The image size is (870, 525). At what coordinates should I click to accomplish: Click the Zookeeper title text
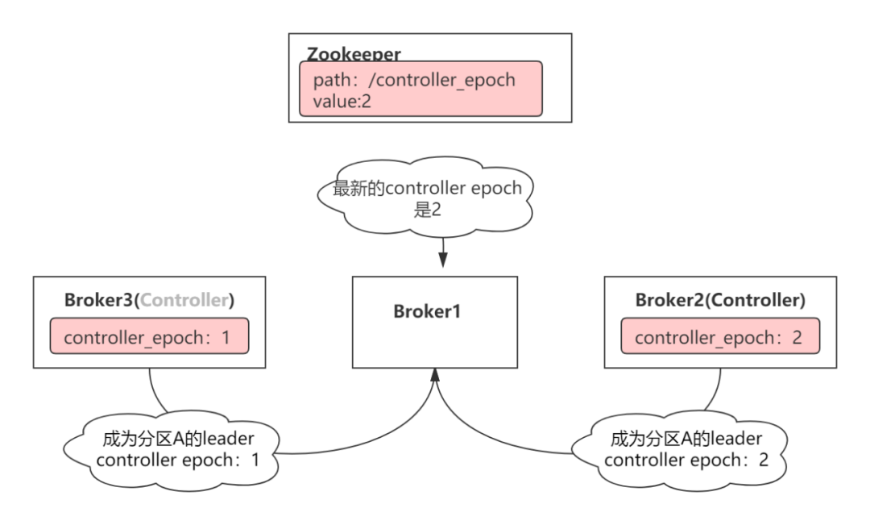click(x=354, y=54)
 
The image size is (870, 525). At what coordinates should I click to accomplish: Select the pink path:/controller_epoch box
click(x=420, y=89)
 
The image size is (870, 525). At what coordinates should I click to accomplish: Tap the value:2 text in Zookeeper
click(x=342, y=101)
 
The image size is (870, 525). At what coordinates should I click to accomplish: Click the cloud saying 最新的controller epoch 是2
click(x=425, y=196)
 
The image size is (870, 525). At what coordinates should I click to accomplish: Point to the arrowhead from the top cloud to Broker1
click(x=443, y=260)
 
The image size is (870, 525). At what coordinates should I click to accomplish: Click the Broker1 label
click(x=427, y=311)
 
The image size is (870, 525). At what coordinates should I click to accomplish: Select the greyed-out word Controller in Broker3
click(x=184, y=300)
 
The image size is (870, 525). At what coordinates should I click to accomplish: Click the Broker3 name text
click(x=99, y=300)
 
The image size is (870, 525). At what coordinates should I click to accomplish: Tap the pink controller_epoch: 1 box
click(x=149, y=336)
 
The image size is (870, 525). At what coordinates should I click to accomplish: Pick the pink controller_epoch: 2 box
click(x=720, y=336)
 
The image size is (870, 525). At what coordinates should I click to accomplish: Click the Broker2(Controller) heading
click(x=720, y=300)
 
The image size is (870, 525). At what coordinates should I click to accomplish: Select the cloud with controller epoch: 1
click(x=172, y=451)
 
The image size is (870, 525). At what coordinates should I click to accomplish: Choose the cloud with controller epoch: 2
click(x=679, y=451)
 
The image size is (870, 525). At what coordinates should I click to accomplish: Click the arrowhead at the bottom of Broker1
click(x=435, y=375)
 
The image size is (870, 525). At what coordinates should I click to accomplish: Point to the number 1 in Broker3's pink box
click(x=226, y=337)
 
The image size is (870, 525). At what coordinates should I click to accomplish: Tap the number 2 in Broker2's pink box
click(x=797, y=337)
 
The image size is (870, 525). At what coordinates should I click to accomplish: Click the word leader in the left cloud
click(x=229, y=439)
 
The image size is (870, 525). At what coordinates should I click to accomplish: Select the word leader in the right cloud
click(x=736, y=439)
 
